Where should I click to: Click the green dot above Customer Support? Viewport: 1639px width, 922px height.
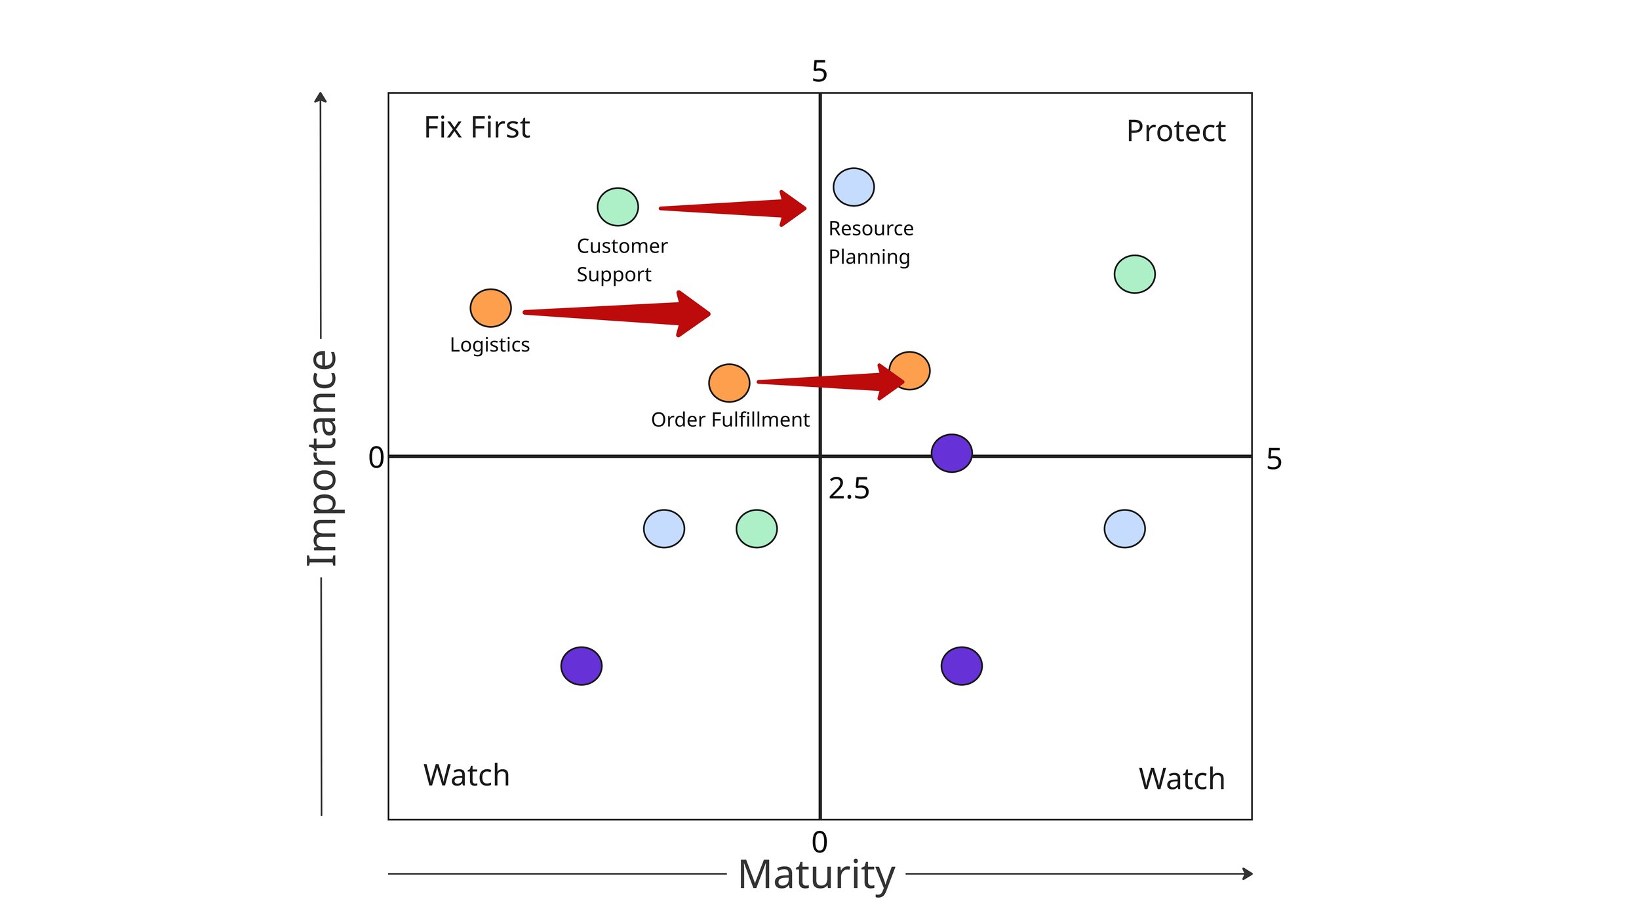point(618,207)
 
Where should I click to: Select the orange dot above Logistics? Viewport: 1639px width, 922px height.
point(490,308)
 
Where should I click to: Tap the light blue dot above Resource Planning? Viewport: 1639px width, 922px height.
point(854,187)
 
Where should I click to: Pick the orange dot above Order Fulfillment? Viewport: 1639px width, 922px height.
point(729,383)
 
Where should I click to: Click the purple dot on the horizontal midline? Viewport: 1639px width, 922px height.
point(951,453)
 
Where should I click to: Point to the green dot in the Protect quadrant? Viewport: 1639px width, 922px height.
point(1134,274)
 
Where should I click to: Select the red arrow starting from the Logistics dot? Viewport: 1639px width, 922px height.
point(616,313)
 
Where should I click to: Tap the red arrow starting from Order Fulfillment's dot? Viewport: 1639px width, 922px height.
point(829,382)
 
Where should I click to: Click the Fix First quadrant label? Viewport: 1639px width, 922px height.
point(477,127)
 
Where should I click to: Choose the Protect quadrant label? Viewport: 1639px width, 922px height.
point(1175,131)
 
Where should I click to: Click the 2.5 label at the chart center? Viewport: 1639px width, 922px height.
point(849,489)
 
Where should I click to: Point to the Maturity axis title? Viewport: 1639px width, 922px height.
point(816,874)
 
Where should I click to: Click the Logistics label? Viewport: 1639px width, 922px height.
point(490,345)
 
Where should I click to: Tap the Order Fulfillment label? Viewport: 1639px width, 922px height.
point(730,420)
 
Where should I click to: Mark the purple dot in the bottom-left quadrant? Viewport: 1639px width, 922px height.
point(582,666)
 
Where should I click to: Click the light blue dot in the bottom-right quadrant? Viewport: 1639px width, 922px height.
point(1124,529)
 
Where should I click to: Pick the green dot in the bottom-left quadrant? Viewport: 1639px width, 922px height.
point(757,529)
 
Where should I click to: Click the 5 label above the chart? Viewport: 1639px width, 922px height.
point(819,71)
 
